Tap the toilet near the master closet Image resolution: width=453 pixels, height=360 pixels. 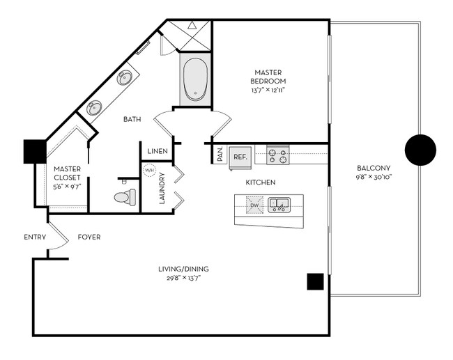point(124,198)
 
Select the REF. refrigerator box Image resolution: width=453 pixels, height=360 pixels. point(240,157)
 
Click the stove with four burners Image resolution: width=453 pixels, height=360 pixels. point(278,155)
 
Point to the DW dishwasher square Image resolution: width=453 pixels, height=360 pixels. point(254,205)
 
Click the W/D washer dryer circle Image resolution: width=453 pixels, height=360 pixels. point(149,170)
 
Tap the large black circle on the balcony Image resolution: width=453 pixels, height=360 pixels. point(420,148)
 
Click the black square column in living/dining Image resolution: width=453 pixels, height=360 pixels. point(315,281)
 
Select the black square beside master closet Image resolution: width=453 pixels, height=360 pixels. point(34,152)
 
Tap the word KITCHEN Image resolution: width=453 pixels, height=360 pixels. point(261,182)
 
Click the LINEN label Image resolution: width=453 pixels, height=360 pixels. point(156,151)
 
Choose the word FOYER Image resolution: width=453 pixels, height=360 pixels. point(89,237)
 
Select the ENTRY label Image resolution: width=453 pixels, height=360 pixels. point(35,237)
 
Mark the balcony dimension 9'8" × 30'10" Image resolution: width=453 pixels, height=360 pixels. point(373,178)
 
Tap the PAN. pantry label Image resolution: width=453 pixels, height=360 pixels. point(220,155)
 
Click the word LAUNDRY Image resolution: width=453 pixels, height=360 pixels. point(162,190)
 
